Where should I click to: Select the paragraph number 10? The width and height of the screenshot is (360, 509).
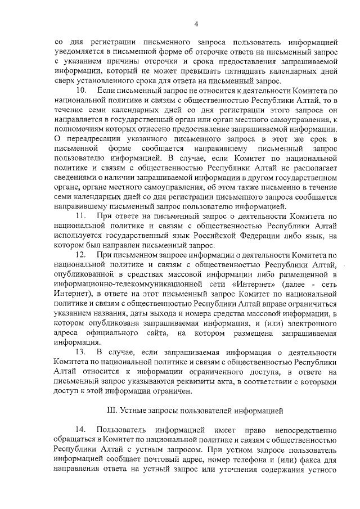pos(81,90)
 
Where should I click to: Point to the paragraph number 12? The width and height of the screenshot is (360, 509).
pos(81,255)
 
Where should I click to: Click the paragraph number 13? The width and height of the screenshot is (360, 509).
pos(81,352)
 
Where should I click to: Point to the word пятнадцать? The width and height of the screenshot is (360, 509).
pos(278,73)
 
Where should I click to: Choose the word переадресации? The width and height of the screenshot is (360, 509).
pos(93,139)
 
